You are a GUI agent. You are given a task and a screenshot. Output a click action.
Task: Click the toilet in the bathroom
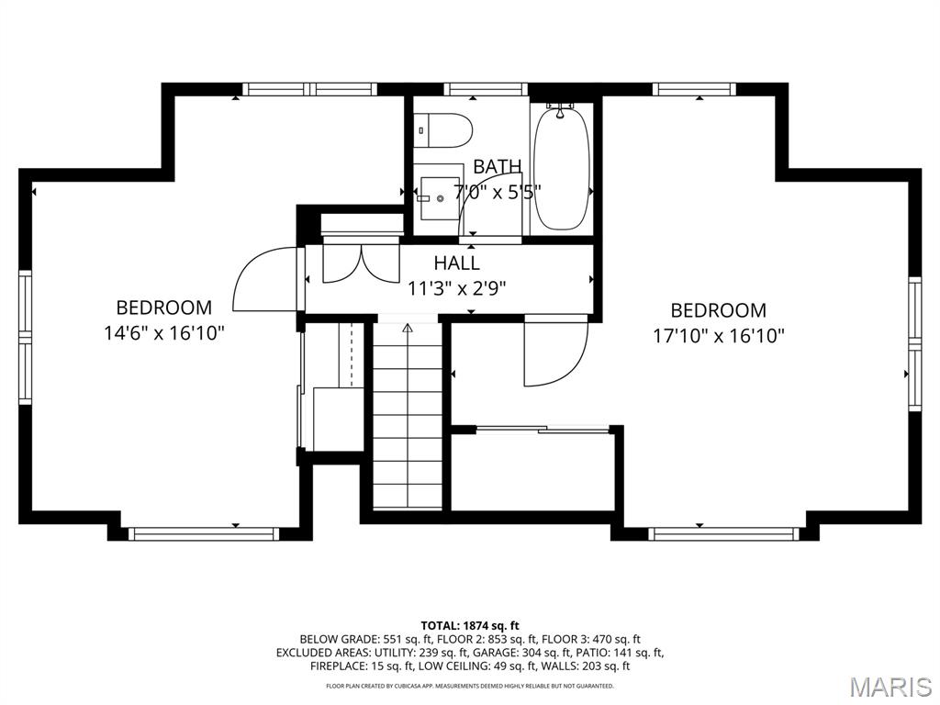click(x=442, y=129)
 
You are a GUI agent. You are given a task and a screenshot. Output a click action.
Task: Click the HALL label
click(x=456, y=263)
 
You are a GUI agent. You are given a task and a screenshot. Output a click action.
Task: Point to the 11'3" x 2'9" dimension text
click(x=456, y=287)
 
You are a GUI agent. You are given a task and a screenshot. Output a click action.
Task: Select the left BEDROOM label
click(x=163, y=308)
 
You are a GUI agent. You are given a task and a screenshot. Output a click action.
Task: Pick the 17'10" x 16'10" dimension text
click(x=718, y=336)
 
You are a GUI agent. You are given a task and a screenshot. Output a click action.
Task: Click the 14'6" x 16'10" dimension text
click(x=163, y=332)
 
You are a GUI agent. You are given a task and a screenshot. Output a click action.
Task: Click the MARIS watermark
click(x=890, y=687)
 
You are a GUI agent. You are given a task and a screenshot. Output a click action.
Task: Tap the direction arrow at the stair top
click(x=408, y=327)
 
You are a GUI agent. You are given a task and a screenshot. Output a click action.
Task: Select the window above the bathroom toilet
click(x=486, y=89)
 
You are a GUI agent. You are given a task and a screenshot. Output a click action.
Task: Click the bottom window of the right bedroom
click(x=722, y=533)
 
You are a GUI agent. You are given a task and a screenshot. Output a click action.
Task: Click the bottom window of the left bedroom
click(x=202, y=533)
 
